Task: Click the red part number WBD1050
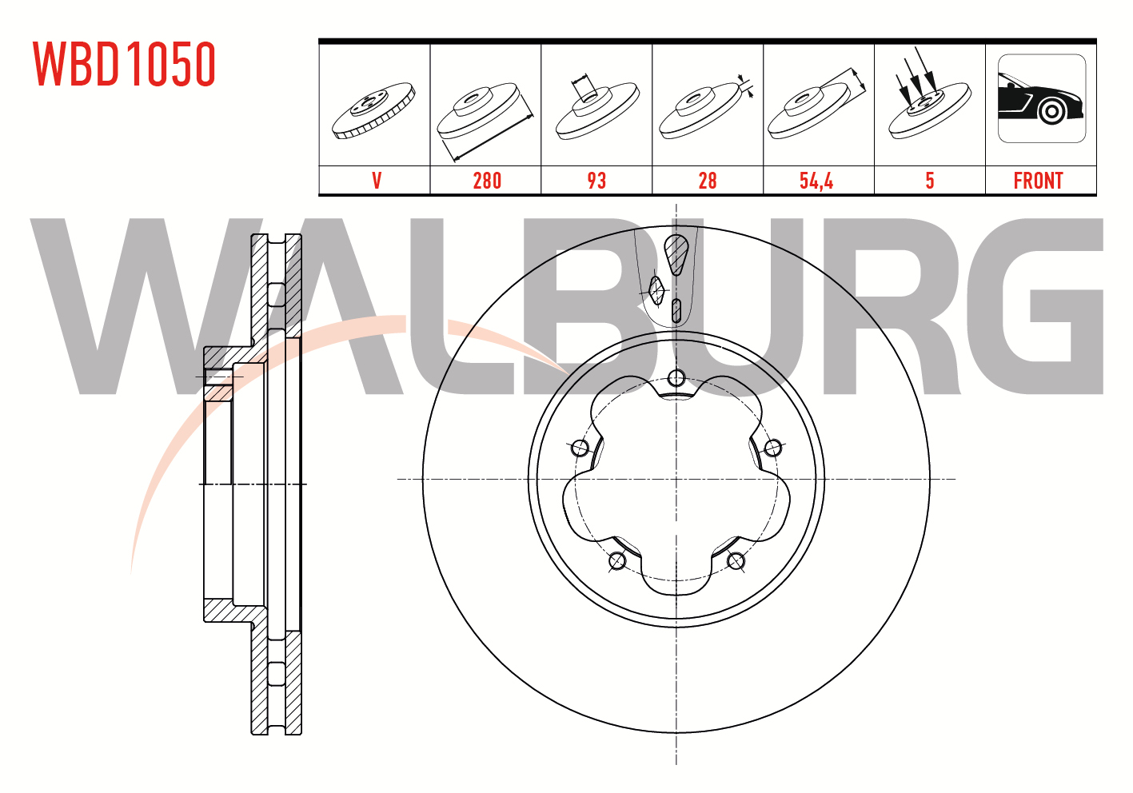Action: click(124, 64)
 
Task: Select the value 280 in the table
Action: click(487, 181)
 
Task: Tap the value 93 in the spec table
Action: click(596, 181)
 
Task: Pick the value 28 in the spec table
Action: click(707, 181)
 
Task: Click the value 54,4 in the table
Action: click(816, 181)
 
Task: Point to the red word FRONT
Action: click(1038, 181)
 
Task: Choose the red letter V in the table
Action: click(377, 181)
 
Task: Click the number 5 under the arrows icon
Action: click(930, 181)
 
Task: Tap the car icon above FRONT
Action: click(1042, 98)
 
